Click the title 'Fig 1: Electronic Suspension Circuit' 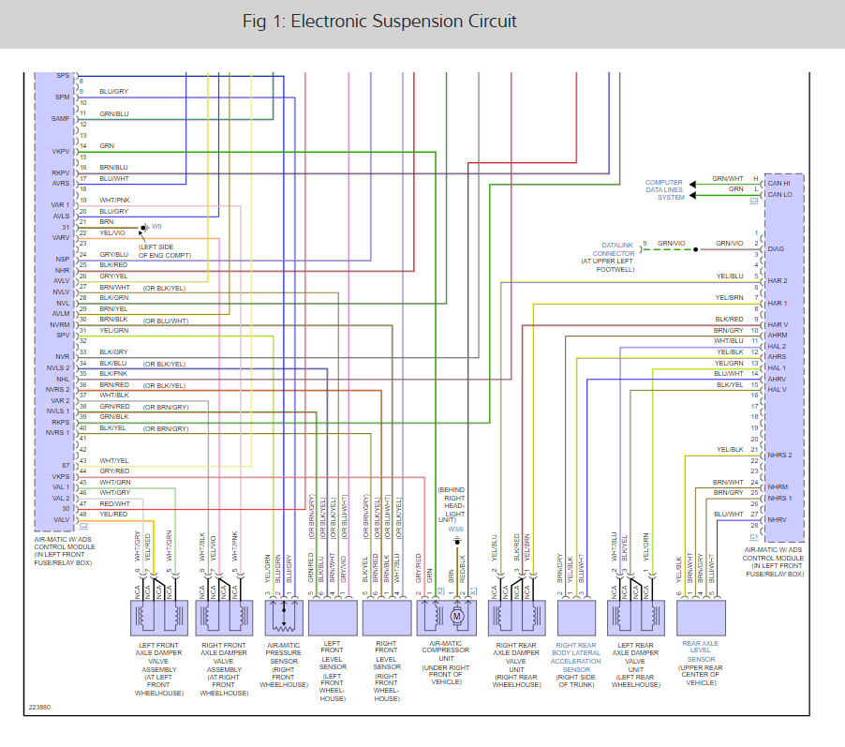coord(379,22)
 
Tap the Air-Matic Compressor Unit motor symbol coord(458,616)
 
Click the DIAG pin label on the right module coord(777,249)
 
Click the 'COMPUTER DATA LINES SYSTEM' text coord(664,189)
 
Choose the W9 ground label coord(156,227)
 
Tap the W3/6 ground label coord(455,530)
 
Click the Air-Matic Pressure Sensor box coord(281,619)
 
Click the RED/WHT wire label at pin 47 coord(114,503)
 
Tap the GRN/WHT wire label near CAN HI coord(727,178)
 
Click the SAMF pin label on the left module coord(61,119)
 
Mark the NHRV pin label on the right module coord(778,519)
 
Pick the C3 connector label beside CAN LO coord(753,201)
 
